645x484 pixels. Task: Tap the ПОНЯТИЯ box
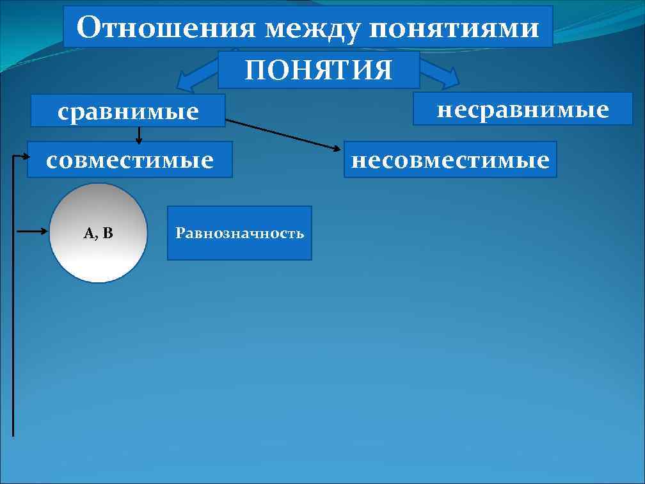pyautogui.click(x=318, y=70)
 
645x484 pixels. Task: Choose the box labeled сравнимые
pyautogui.click(x=129, y=111)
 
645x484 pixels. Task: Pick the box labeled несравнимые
pyautogui.click(x=522, y=108)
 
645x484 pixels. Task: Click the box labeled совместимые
pyautogui.click(x=129, y=159)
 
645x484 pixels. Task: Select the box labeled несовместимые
pyautogui.click(x=450, y=159)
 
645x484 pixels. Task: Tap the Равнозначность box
pyautogui.click(x=239, y=233)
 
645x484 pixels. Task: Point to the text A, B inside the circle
pyautogui.click(x=98, y=233)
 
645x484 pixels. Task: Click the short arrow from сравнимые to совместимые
pyautogui.click(x=139, y=134)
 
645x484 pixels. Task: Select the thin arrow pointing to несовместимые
pyautogui.click(x=282, y=134)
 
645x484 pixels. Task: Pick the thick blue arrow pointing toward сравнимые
pyautogui.click(x=195, y=78)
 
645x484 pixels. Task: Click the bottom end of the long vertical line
pyautogui.click(x=13, y=434)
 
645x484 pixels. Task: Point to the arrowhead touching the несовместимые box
pyautogui.click(x=337, y=149)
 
